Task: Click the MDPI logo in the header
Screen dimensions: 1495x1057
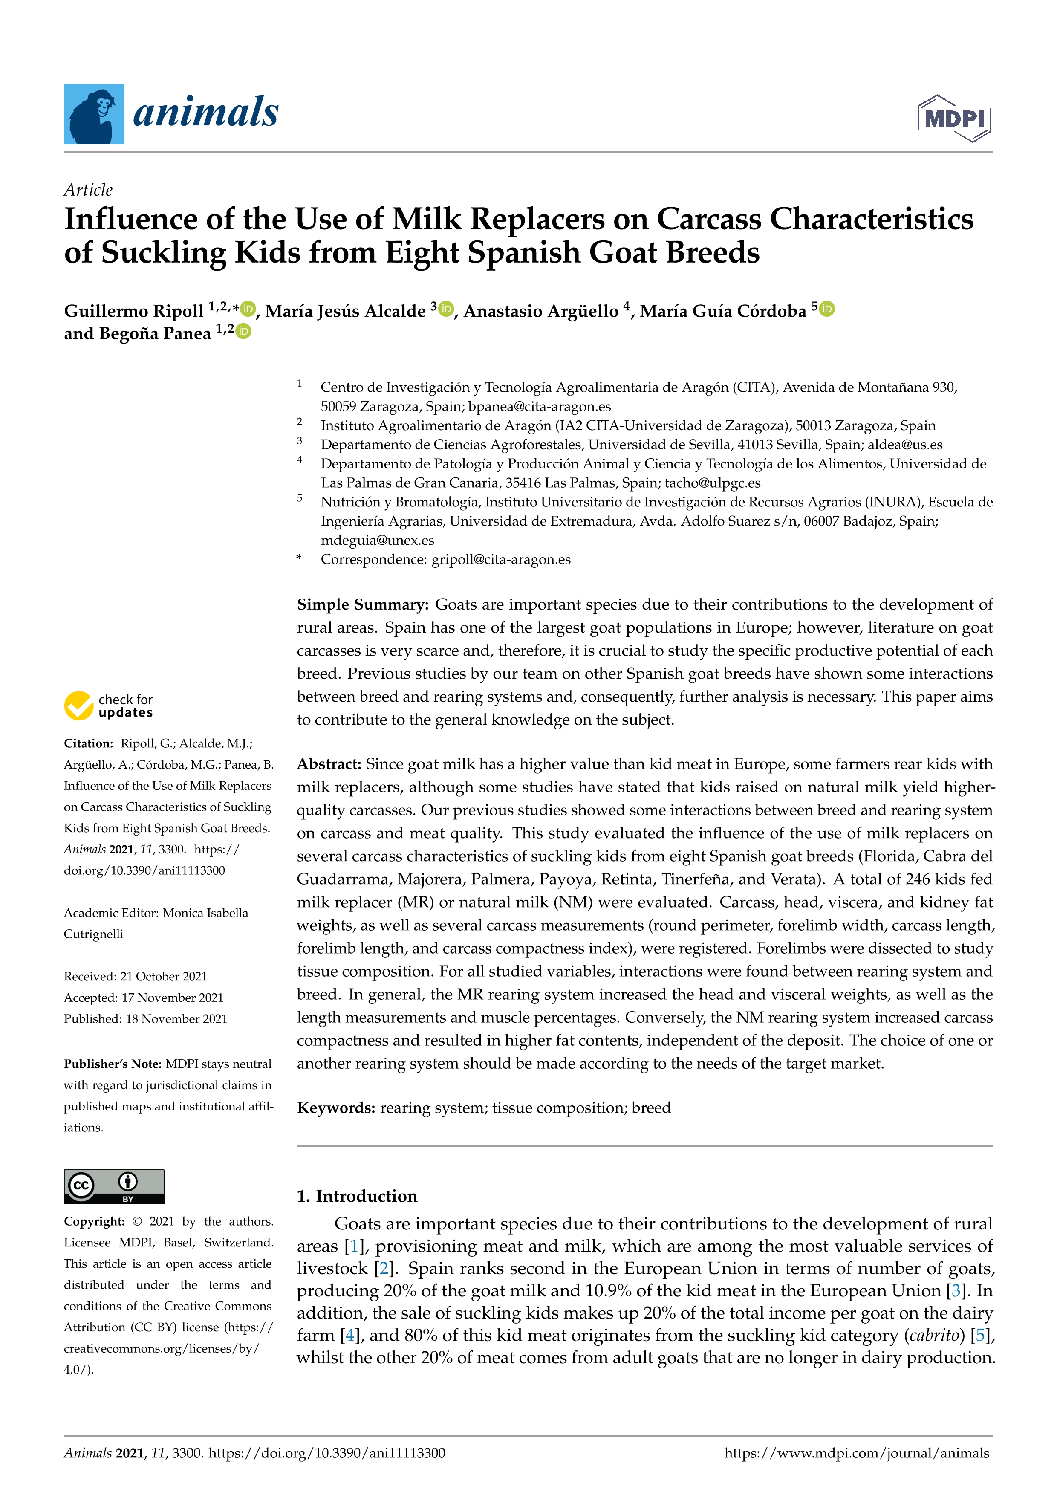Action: (x=954, y=119)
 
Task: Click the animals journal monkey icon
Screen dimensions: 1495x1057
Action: (x=94, y=114)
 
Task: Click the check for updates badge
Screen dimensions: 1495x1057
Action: (x=109, y=705)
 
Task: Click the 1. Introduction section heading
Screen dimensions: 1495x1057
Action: (x=357, y=1196)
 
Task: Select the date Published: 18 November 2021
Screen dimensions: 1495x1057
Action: (x=145, y=1018)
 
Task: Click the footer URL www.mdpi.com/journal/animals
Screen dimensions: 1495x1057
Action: (x=857, y=1453)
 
